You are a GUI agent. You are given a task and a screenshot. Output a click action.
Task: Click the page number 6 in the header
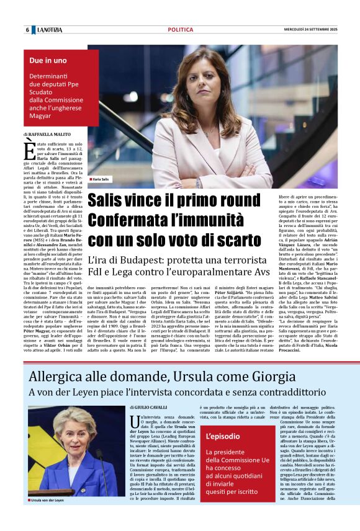click(27, 30)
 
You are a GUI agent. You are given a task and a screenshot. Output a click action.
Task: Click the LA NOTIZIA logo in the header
click(49, 30)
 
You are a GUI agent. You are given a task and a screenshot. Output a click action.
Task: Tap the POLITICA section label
click(180, 30)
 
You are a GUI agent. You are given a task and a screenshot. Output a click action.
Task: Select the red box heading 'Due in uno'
click(48, 61)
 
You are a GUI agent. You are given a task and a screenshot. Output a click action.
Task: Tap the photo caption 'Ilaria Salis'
click(102, 179)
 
